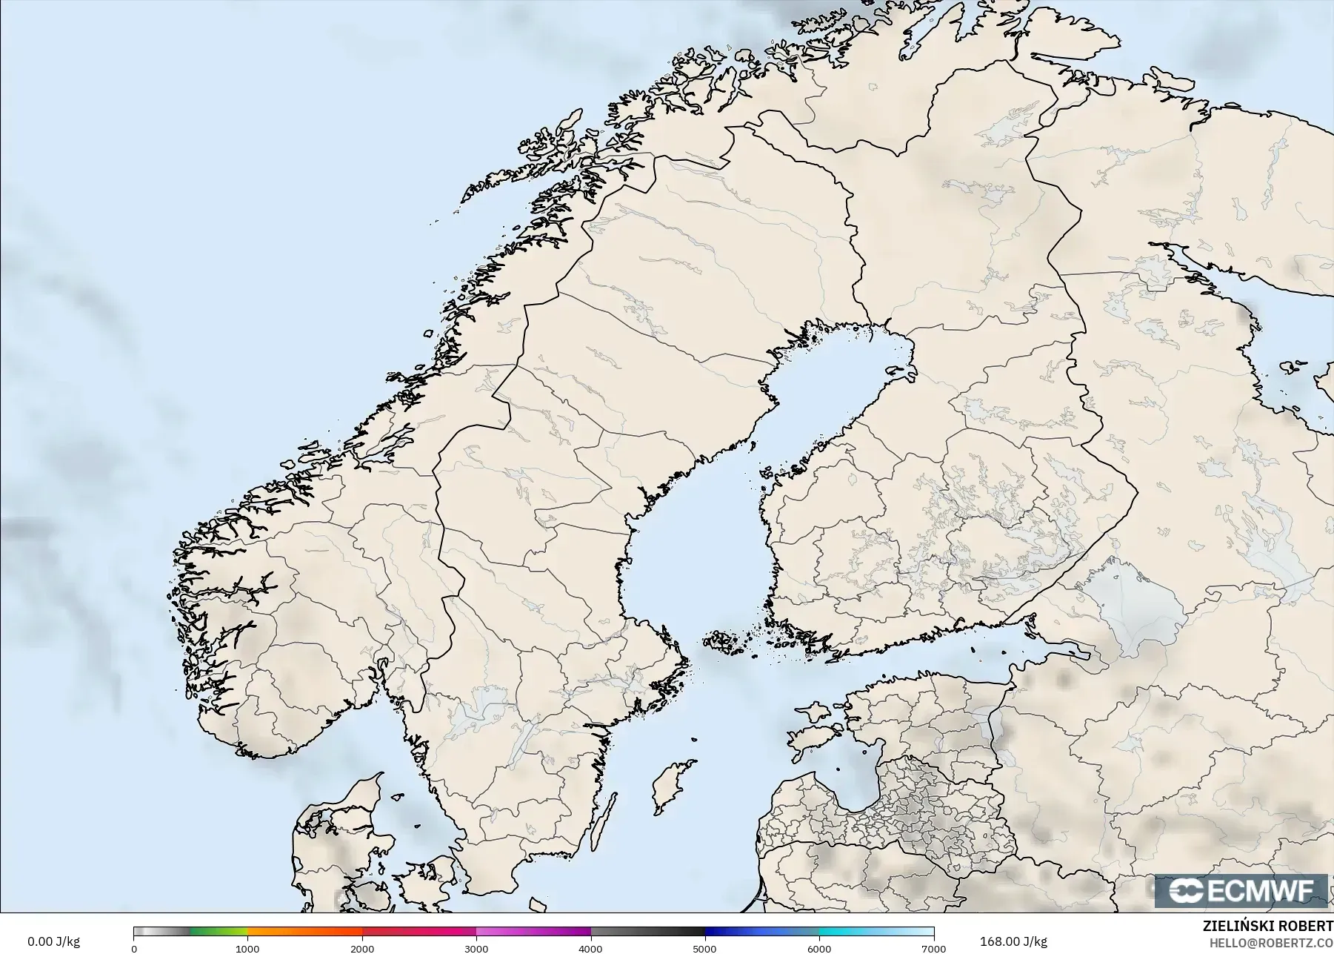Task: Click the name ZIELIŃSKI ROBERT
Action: (x=1267, y=926)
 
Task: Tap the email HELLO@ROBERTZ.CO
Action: (x=1271, y=943)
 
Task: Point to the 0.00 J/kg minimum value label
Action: (x=53, y=941)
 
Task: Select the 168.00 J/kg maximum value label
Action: (x=1013, y=941)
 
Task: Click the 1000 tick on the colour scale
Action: (x=247, y=948)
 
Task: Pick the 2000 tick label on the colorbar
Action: (x=361, y=948)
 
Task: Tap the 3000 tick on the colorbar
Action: (x=476, y=948)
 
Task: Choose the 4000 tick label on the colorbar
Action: (x=590, y=948)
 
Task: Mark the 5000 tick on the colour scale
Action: (x=704, y=948)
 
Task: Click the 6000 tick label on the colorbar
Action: (x=819, y=948)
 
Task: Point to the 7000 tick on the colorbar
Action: (x=933, y=948)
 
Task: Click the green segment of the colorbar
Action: (x=219, y=933)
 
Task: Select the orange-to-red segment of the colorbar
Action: (x=304, y=933)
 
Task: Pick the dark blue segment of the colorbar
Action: (x=733, y=933)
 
